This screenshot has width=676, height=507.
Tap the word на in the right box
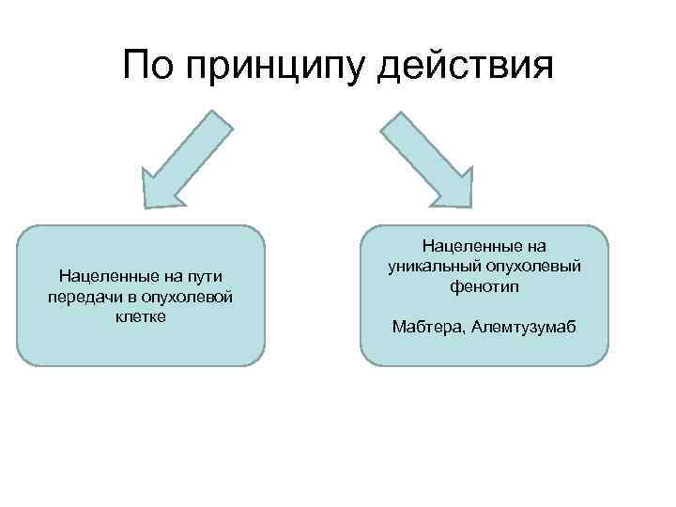pyautogui.click(x=536, y=246)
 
